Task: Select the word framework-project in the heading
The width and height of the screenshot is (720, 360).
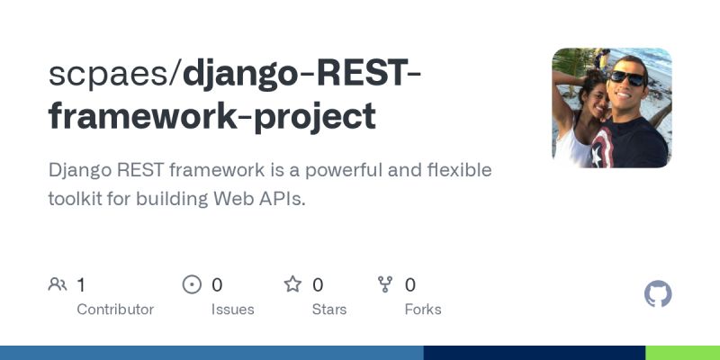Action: (211, 116)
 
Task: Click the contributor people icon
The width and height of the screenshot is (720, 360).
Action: (58, 285)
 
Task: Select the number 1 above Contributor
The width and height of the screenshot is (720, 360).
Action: (81, 285)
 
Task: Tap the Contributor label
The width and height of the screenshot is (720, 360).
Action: (115, 310)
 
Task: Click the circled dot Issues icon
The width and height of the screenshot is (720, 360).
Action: (192, 285)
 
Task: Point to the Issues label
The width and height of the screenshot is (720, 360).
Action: (232, 310)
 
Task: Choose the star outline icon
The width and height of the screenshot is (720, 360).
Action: (292, 285)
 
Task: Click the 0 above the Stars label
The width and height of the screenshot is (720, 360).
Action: (318, 285)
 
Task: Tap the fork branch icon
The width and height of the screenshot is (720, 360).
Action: (386, 285)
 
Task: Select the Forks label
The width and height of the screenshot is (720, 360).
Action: (423, 310)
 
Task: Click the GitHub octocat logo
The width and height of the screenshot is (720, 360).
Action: (658, 294)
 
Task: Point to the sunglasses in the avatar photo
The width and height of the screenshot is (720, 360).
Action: (625, 78)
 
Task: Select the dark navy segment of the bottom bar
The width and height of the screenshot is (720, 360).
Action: (535, 353)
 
